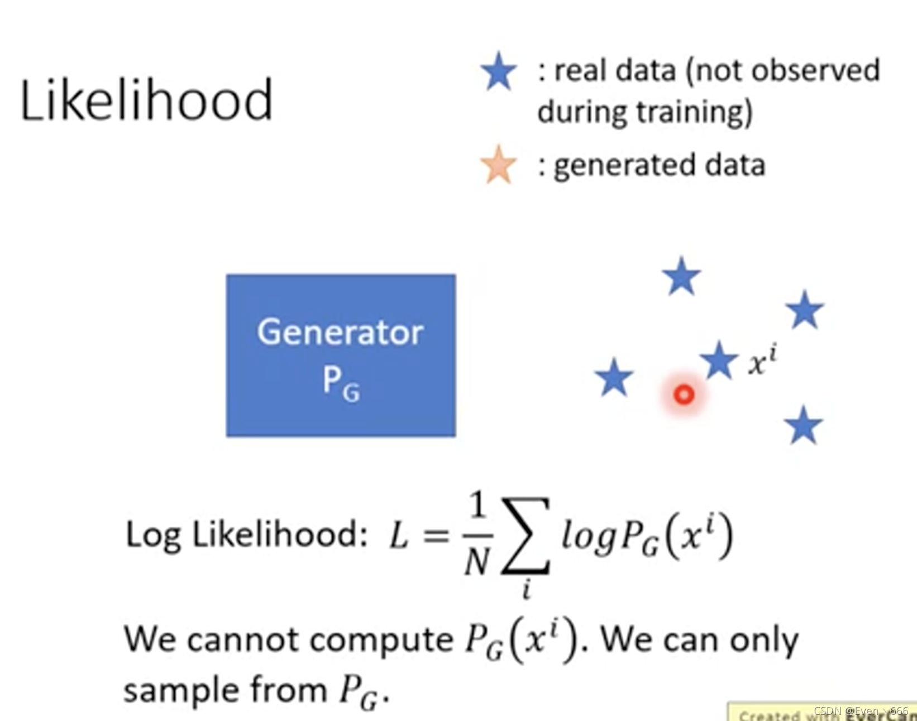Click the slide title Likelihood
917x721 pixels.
click(x=146, y=100)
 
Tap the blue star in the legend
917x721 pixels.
click(x=498, y=71)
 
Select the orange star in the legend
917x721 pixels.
click(x=498, y=165)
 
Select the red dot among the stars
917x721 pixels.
click(x=684, y=395)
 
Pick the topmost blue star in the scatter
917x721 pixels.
click(x=681, y=276)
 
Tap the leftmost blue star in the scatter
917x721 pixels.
click(x=614, y=378)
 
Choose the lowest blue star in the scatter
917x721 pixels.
click(x=804, y=425)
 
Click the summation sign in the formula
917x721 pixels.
click(x=526, y=536)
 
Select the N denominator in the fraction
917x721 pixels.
click(x=476, y=561)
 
